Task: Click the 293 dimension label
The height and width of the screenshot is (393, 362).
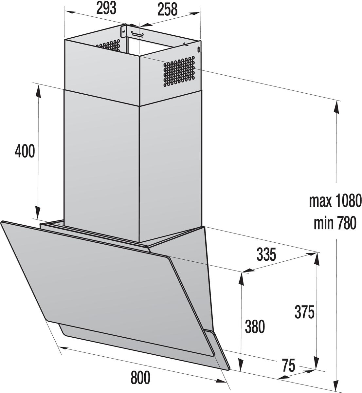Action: (106, 9)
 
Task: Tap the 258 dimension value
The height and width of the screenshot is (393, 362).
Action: (167, 9)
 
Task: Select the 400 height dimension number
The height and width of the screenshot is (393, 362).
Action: (25, 151)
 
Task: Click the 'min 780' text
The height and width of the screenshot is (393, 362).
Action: (335, 224)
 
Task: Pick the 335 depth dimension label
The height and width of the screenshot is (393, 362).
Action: (266, 255)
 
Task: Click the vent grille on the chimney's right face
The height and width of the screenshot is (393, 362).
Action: (179, 71)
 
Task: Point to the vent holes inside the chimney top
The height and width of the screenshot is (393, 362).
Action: (108, 46)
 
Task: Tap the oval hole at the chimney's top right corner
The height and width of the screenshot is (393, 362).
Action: (199, 49)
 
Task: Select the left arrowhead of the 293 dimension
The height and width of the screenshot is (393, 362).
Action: (70, 12)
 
